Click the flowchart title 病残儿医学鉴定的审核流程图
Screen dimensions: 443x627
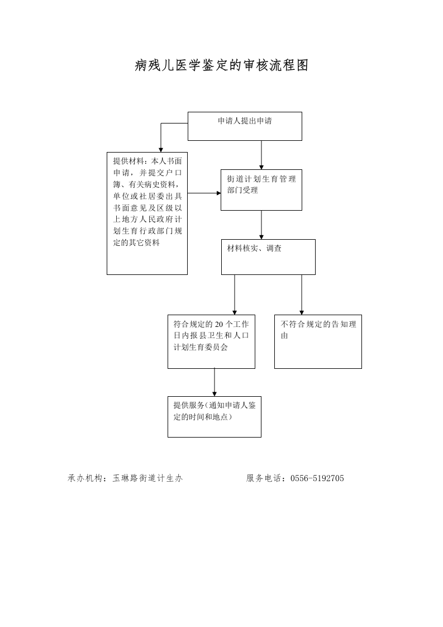[221, 65]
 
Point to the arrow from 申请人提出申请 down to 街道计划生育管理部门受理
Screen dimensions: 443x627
[261, 155]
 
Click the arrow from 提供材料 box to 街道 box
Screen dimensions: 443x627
[204, 193]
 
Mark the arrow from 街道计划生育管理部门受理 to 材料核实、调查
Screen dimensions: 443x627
[261, 225]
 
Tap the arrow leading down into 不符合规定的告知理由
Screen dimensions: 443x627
[302, 294]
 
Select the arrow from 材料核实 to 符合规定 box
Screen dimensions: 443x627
[235, 294]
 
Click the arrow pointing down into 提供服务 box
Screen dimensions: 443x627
[215, 382]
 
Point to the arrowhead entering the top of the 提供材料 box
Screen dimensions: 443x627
[161, 150]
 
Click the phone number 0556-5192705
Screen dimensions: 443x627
[317, 478]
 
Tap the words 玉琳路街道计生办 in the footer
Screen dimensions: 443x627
[147, 478]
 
